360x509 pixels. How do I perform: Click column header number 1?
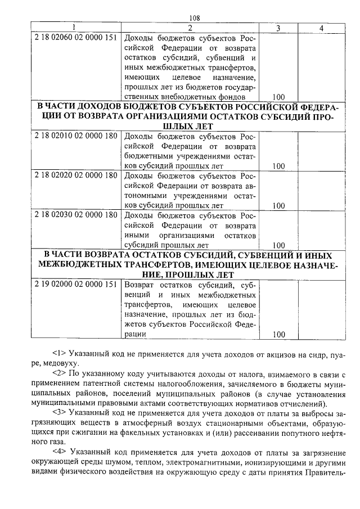click(x=73, y=28)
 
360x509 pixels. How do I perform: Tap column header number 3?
click(x=278, y=28)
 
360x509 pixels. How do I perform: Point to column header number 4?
click(x=321, y=28)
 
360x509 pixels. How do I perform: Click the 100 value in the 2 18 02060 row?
click(x=278, y=97)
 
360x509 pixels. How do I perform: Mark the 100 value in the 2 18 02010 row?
click(x=278, y=166)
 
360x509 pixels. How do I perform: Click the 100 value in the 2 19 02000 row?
click(x=278, y=335)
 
